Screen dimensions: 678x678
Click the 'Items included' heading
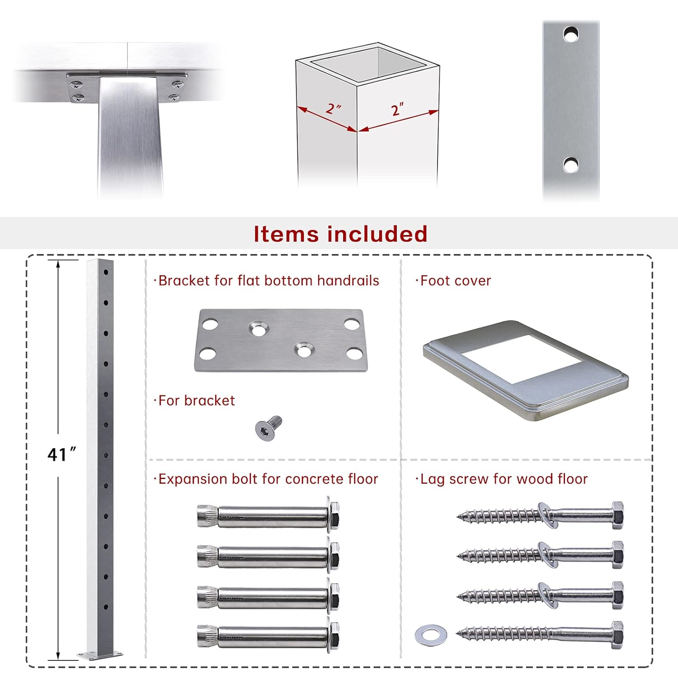click(340, 234)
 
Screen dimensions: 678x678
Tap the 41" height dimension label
click(61, 454)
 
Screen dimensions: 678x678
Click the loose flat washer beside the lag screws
click(431, 635)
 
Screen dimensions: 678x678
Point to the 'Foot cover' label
click(453, 281)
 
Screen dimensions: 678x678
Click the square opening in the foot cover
click(521, 359)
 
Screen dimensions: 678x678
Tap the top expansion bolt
click(268, 516)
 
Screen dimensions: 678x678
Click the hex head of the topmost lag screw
click(617, 515)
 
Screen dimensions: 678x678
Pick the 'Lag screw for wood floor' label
click(502, 479)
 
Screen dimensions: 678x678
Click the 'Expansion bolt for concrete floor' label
click(266, 479)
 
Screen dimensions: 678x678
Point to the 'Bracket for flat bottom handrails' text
click(267, 281)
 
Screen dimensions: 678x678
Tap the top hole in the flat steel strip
click(571, 34)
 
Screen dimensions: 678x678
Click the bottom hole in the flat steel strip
click(571, 165)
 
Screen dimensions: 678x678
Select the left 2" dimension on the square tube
click(334, 108)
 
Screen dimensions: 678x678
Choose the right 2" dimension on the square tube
click(397, 109)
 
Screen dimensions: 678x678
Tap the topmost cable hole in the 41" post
click(106, 273)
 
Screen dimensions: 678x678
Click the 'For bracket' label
click(195, 400)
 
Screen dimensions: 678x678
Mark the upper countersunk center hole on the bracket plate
click(258, 330)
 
